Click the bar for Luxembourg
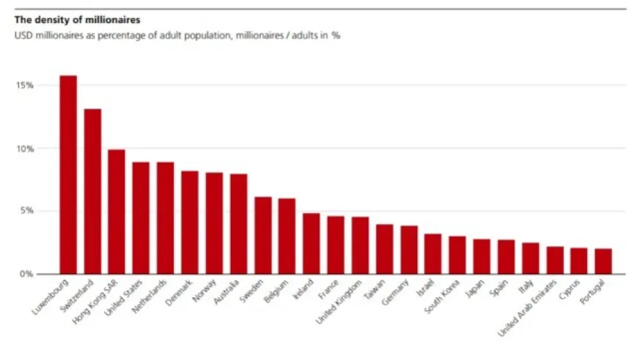click(69, 174)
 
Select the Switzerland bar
click(92, 192)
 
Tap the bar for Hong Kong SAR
click(117, 211)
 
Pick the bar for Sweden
click(263, 235)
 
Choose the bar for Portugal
click(603, 261)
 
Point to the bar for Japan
click(481, 257)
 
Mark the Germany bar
click(409, 250)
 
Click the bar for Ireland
click(312, 243)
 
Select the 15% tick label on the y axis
click(24, 85)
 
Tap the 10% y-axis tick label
click(24, 149)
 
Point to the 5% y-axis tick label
click(26, 211)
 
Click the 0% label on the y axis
click(26, 274)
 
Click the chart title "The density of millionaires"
click(78, 20)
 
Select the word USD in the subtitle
click(23, 35)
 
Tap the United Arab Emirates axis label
click(528, 309)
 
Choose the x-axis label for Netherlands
click(149, 297)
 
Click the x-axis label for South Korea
click(442, 297)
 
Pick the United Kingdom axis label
click(339, 302)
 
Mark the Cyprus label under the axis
click(569, 290)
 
